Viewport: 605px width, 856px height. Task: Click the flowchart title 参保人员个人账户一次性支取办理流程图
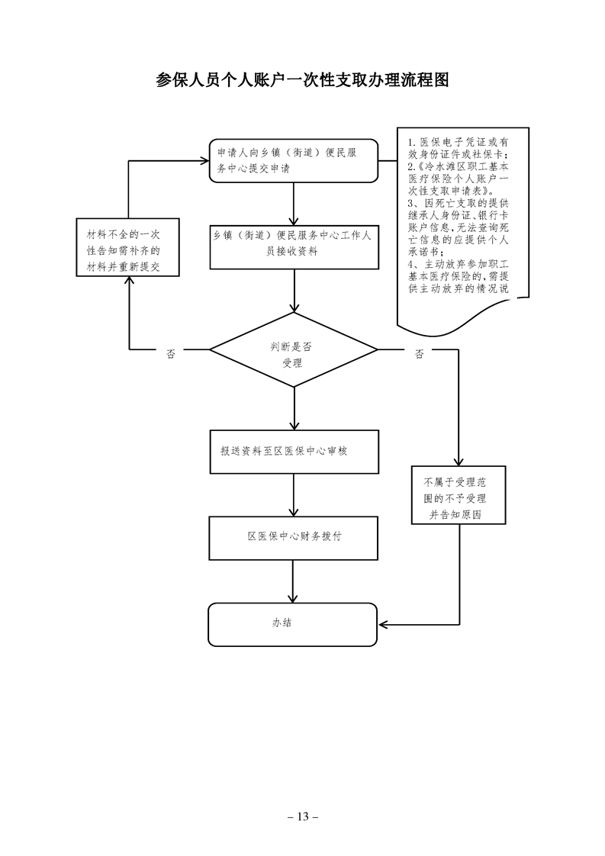(x=302, y=80)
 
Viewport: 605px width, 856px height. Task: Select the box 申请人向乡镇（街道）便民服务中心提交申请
(x=294, y=161)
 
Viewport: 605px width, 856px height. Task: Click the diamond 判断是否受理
(x=294, y=351)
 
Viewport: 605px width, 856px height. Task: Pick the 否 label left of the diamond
(x=171, y=353)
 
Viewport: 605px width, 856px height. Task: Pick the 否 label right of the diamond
(x=419, y=353)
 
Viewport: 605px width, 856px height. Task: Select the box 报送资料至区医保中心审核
(x=294, y=451)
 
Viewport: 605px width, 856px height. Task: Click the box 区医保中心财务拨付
(x=294, y=536)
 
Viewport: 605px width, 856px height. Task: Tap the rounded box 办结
(x=294, y=623)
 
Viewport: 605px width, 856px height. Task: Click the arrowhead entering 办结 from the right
(x=384, y=624)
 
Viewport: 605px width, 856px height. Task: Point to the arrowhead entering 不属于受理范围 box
(x=459, y=461)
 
